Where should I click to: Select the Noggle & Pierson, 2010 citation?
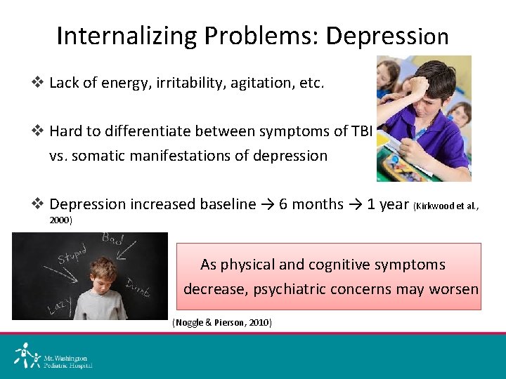tap(221, 322)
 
